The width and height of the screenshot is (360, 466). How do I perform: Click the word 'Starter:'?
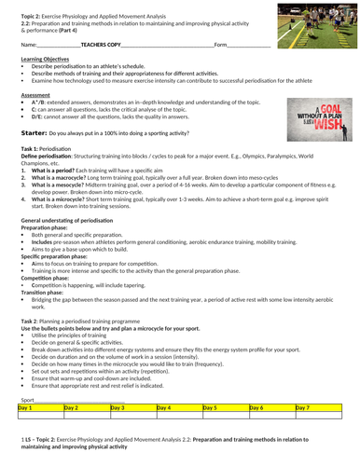pos(35,134)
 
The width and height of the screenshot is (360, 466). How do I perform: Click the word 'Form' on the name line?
pos(220,44)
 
